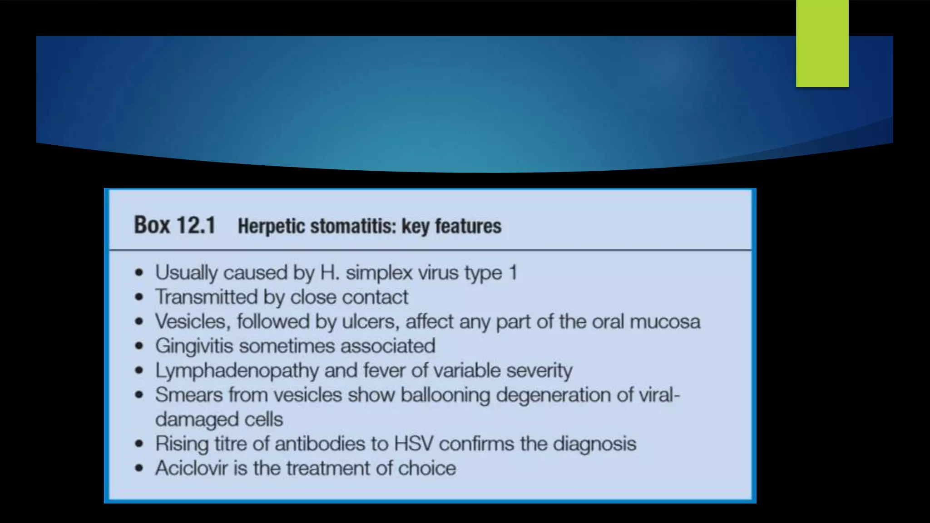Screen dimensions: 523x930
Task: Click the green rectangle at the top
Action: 822,44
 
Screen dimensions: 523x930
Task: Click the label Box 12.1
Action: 174,225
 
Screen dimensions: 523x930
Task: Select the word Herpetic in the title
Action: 271,226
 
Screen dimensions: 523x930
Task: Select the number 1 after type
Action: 513,272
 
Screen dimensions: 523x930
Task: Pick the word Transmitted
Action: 206,297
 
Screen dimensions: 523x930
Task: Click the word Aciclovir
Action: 191,468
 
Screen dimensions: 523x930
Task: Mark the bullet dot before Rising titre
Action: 139,444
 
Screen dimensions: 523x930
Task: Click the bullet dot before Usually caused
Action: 139,273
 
